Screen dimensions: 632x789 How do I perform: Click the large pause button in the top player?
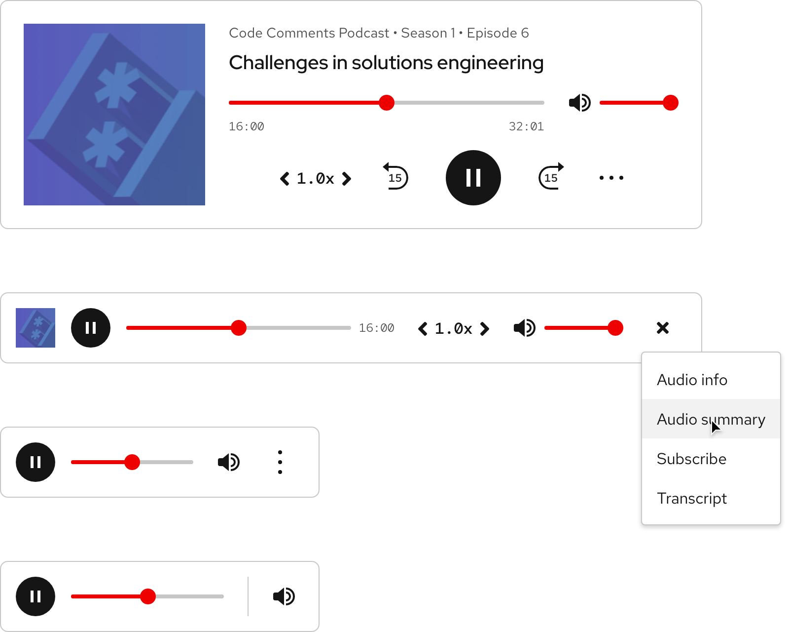coord(473,178)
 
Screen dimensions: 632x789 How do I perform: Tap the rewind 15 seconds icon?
coord(395,177)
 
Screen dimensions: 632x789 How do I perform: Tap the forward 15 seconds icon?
coord(551,177)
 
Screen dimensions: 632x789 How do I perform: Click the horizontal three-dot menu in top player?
coord(611,178)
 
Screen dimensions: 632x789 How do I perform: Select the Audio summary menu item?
coord(711,419)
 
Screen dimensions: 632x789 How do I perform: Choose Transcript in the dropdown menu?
coord(691,498)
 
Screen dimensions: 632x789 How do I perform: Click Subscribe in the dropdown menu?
coord(691,459)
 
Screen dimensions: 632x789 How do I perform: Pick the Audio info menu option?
coord(692,380)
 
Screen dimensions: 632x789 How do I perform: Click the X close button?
coord(662,328)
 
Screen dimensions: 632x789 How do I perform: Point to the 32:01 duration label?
coord(526,126)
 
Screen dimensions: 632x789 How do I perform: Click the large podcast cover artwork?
coord(114,115)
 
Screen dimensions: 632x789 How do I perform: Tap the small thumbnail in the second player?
coord(36,328)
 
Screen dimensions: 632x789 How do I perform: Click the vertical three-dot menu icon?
coord(280,462)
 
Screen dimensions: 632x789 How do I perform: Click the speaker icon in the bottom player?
coord(284,596)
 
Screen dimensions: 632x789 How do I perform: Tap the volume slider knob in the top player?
coord(670,103)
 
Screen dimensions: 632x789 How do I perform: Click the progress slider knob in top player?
coord(387,103)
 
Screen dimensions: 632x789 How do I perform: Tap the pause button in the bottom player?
coord(36,596)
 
